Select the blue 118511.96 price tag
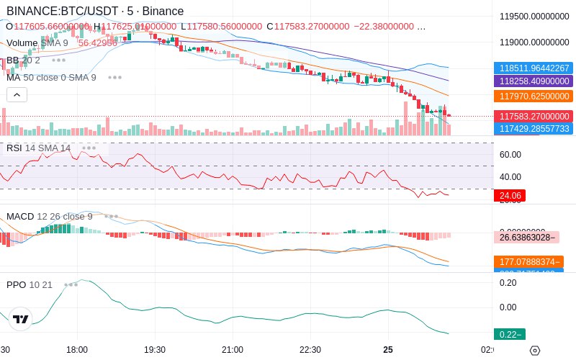tap(534, 68)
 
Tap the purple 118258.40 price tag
tap(534, 81)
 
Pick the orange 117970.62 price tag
tap(534, 96)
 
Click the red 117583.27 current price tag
tap(534, 116)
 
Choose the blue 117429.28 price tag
tap(534, 128)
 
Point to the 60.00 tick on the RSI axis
tap(510, 154)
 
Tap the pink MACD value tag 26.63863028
tap(526, 237)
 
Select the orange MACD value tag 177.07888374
tap(526, 262)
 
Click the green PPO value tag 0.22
tap(510, 334)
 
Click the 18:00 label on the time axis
tap(77, 350)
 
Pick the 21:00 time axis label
tap(233, 350)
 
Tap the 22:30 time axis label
tap(310, 350)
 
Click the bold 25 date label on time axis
tap(388, 350)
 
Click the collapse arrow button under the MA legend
tap(17, 94)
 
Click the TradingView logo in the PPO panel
tap(20, 319)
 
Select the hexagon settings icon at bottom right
tap(534, 351)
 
